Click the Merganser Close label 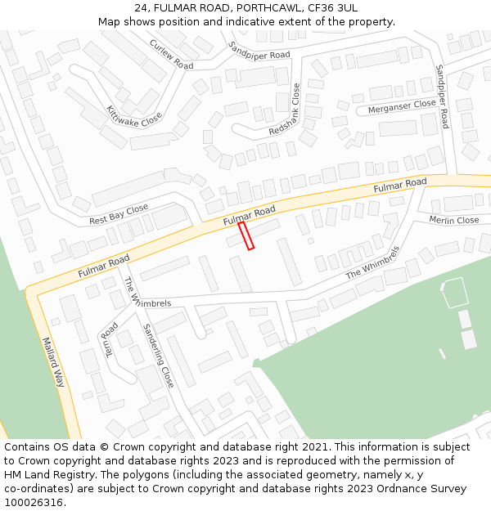tap(402, 105)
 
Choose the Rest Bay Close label tap(119, 215)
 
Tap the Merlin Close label tap(454, 220)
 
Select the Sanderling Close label tap(158, 356)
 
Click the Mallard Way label tap(53, 362)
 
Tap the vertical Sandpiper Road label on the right tap(443, 96)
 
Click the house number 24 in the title tap(142, 7)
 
